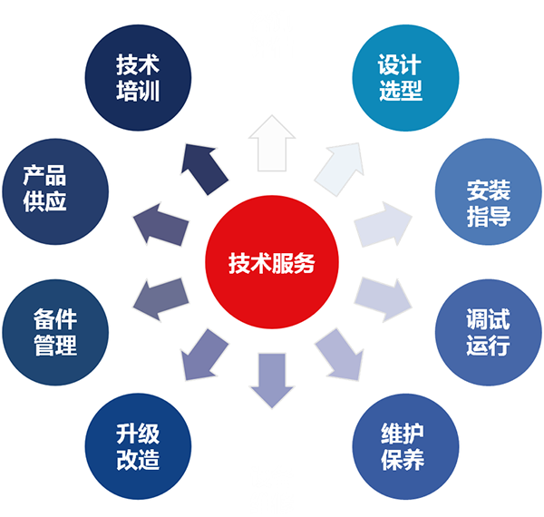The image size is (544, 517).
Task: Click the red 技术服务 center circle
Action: pos(271,263)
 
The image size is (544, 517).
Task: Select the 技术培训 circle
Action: pos(138,78)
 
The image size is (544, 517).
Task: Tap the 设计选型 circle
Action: pos(400,78)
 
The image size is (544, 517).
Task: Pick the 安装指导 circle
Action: pos(489,202)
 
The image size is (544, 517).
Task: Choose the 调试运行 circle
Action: pos(489,332)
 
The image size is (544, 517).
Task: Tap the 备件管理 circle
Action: pos(54,332)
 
